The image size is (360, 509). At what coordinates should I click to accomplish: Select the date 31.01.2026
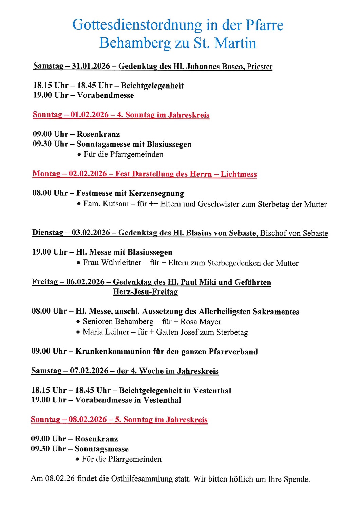tap(91, 66)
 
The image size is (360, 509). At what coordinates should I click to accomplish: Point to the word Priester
tap(260, 67)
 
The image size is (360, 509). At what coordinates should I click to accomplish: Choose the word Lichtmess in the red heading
tap(239, 174)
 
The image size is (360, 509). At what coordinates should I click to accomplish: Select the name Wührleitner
tap(121, 263)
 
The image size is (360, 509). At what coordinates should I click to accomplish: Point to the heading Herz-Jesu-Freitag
tap(145, 292)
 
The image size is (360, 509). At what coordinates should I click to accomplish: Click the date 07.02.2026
tap(89, 371)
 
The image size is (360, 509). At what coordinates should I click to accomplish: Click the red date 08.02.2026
tap(88, 419)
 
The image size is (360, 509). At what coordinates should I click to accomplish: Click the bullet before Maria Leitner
tap(78, 332)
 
